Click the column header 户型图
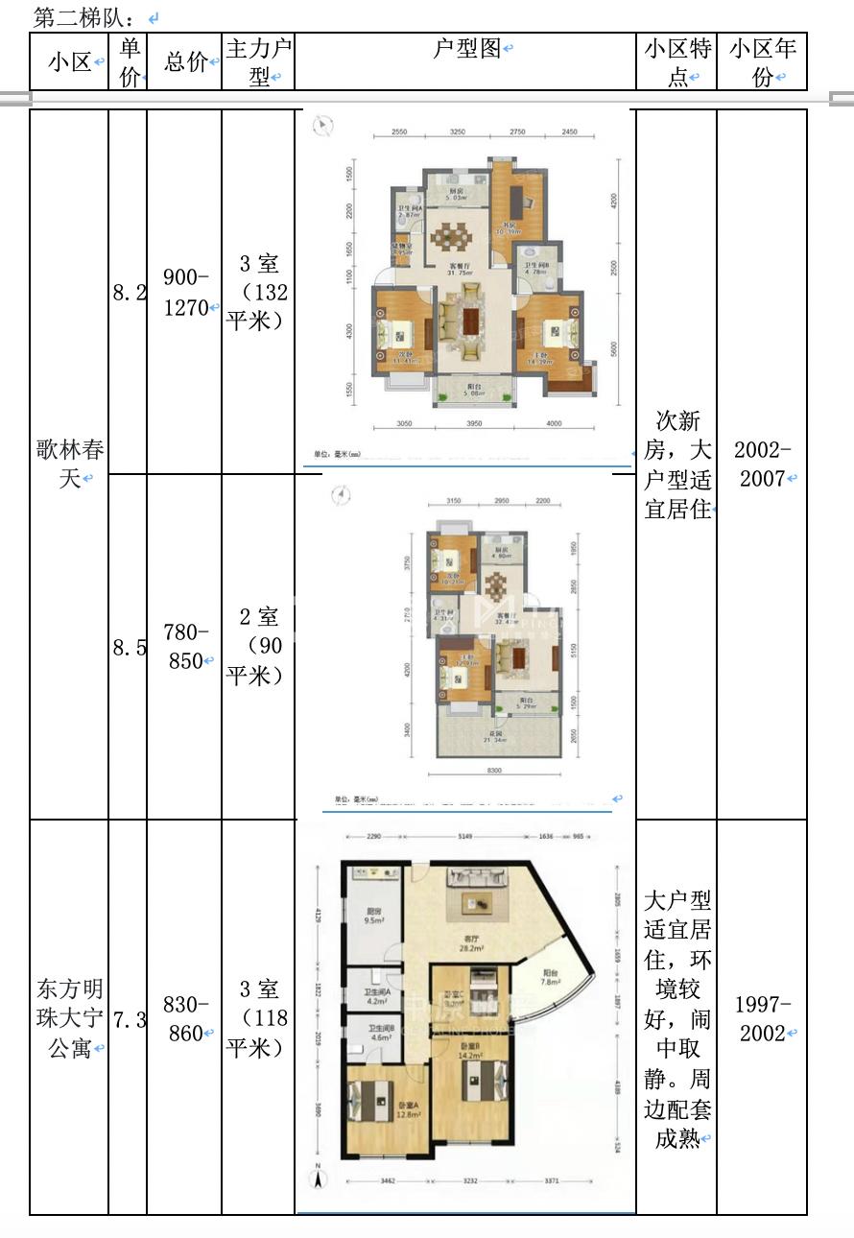point(466,50)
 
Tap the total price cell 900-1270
point(185,292)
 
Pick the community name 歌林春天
point(69,464)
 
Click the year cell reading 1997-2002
point(762,1018)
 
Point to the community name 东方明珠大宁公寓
point(69,1018)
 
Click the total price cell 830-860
point(185,1018)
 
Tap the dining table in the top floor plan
point(447,236)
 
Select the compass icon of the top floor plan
point(325,124)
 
